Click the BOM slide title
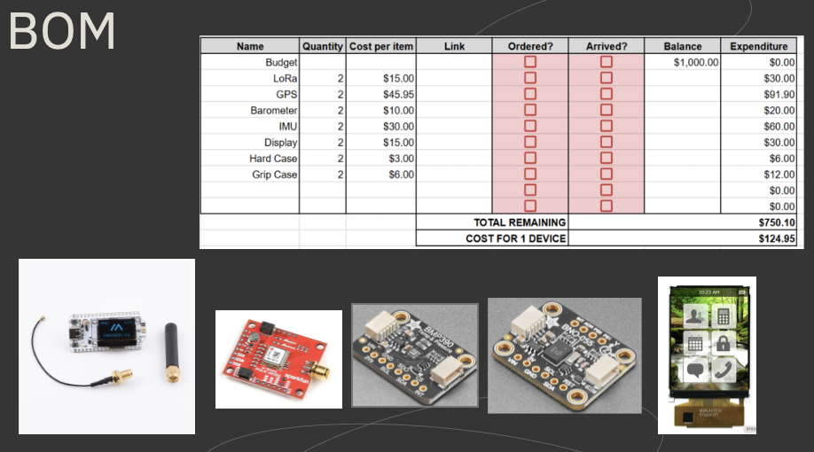pyautogui.click(x=62, y=32)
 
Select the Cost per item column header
pyautogui.click(x=380, y=46)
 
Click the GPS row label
pyautogui.click(x=286, y=94)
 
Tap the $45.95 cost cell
pyautogui.click(x=394, y=94)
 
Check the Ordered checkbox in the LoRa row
pyautogui.click(x=530, y=78)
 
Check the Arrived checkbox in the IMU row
pyautogui.click(x=607, y=126)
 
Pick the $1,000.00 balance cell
pyautogui.click(x=696, y=62)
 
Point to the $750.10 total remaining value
pyautogui.click(x=777, y=222)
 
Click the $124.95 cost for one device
pyautogui.click(x=777, y=238)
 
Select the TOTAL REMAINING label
pyautogui.click(x=520, y=222)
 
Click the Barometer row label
pyautogui.click(x=274, y=110)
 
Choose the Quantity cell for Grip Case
pyautogui.click(x=340, y=175)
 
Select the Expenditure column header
pyautogui.click(x=758, y=46)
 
